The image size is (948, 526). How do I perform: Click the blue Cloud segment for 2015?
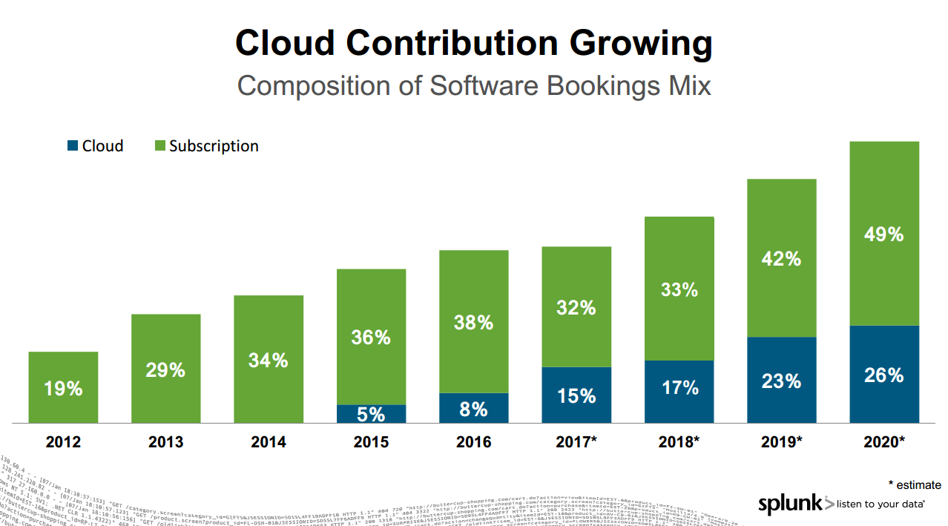click(x=371, y=414)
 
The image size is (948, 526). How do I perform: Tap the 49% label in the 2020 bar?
click(x=883, y=234)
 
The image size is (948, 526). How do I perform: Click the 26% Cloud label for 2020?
click(x=883, y=375)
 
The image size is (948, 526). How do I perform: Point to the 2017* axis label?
click(x=576, y=443)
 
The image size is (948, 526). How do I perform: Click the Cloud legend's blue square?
click(x=72, y=146)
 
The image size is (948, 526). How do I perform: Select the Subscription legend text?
click(x=214, y=146)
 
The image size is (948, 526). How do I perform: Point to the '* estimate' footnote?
click(x=914, y=484)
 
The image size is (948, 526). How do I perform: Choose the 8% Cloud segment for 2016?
click(x=473, y=409)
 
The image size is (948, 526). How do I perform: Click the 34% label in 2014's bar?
click(x=269, y=361)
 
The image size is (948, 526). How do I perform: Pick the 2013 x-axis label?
click(x=165, y=443)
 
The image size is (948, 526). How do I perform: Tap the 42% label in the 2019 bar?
click(x=781, y=259)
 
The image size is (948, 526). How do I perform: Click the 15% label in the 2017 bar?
click(x=576, y=396)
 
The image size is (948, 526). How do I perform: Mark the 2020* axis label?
click(x=883, y=443)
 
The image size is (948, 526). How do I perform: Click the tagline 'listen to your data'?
click(x=880, y=504)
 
